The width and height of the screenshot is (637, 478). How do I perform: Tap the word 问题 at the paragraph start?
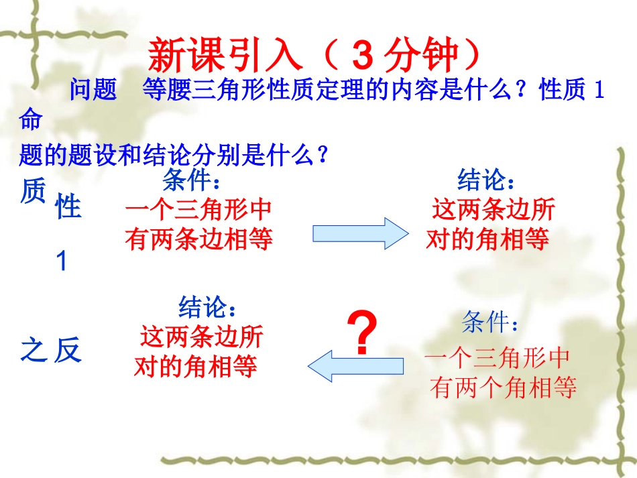(x=93, y=90)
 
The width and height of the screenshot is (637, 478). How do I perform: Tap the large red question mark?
(x=362, y=336)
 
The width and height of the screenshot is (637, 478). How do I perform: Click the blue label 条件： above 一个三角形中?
(x=191, y=180)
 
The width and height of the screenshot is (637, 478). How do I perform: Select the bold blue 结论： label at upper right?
(x=487, y=180)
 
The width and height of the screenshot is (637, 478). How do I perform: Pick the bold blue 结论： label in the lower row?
(x=208, y=308)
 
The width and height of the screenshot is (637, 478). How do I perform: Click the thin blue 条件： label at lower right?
(x=491, y=324)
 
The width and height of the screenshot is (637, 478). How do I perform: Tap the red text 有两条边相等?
(x=199, y=239)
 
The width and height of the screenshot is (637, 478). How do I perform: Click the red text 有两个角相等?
(x=504, y=387)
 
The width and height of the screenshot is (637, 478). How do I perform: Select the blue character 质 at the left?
(x=33, y=191)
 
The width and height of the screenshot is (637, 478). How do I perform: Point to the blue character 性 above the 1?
(x=68, y=208)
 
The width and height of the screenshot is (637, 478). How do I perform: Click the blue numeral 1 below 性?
(x=62, y=261)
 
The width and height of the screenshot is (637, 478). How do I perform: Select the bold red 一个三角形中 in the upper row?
(x=199, y=210)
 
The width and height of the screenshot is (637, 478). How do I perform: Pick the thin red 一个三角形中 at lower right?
(x=497, y=358)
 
